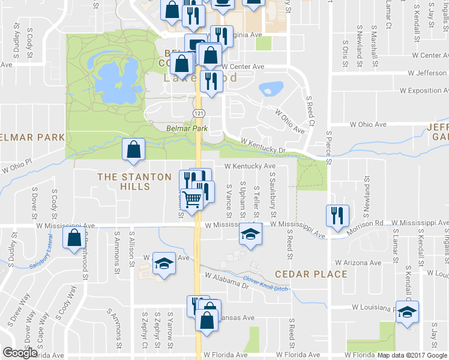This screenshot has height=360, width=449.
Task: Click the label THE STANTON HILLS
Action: tap(124, 182)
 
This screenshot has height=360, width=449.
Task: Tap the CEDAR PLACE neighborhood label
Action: tap(311, 274)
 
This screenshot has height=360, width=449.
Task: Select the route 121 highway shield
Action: tap(198, 113)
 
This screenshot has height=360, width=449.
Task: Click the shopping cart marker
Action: tap(192, 199)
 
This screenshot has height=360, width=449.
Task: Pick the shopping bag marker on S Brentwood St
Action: tap(74, 238)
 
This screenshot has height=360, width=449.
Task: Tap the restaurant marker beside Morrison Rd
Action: tap(337, 215)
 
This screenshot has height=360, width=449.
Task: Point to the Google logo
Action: tap(20, 353)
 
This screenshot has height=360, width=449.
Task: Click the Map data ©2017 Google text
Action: tap(412, 355)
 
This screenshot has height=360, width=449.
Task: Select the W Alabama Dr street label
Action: tap(226, 281)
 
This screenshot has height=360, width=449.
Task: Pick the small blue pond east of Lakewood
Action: tap(271, 89)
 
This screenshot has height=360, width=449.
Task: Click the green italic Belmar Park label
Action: tap(186, 128)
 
